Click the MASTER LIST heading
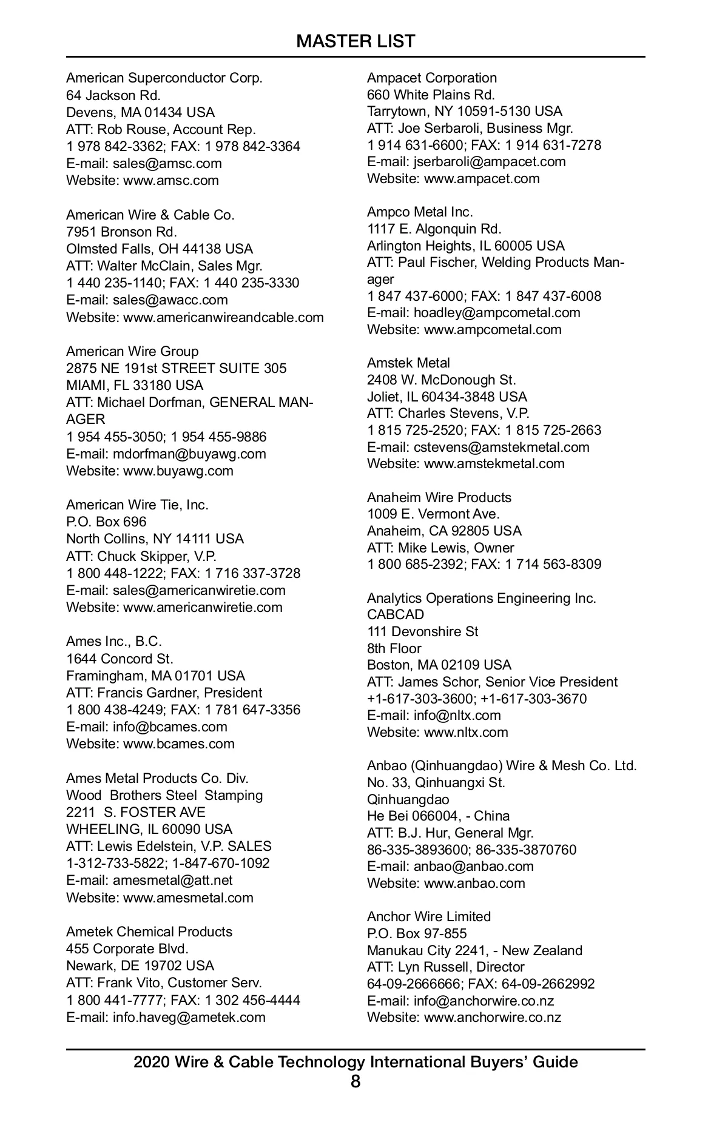[356, 41]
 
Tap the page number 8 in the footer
[356, 1081]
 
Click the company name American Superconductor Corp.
[164, 78]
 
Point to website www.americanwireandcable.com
[223, 317]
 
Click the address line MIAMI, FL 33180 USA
[135, 386]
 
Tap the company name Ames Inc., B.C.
[114, 642]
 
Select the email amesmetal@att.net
[172, 881]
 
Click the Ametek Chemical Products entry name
[149, 932]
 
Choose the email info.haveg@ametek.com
[189, 1017]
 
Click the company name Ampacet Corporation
[432, 78]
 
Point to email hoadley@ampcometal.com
[497, 313]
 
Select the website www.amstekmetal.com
[494, 464]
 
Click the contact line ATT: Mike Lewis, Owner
[440, 548]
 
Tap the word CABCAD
[396, 615]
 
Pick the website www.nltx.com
[466, 733]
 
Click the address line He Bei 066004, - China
[439, 816]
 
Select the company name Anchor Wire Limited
[429, 916]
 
